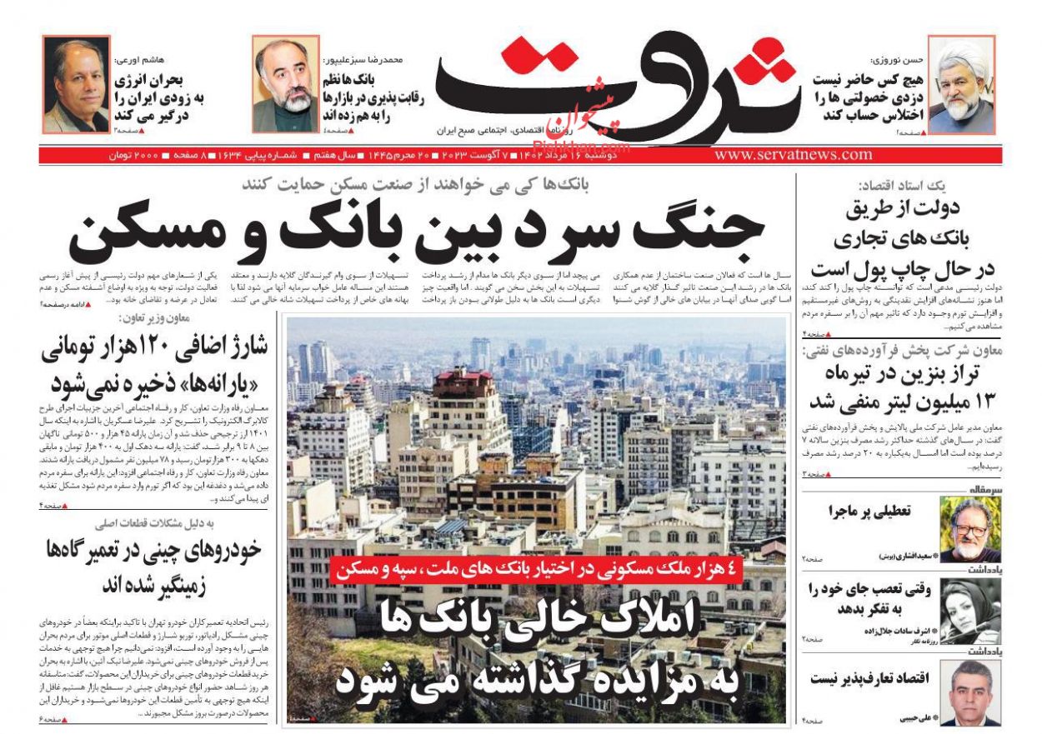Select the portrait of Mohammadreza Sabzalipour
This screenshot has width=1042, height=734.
coord(285,85)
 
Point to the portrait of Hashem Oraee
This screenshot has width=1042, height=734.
coord(76,85)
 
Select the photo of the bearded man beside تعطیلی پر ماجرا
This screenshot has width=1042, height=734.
coord(969,529)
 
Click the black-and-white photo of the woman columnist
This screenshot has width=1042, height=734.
coord(969,611)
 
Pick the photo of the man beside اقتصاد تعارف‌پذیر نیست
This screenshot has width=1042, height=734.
coord(969,692)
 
